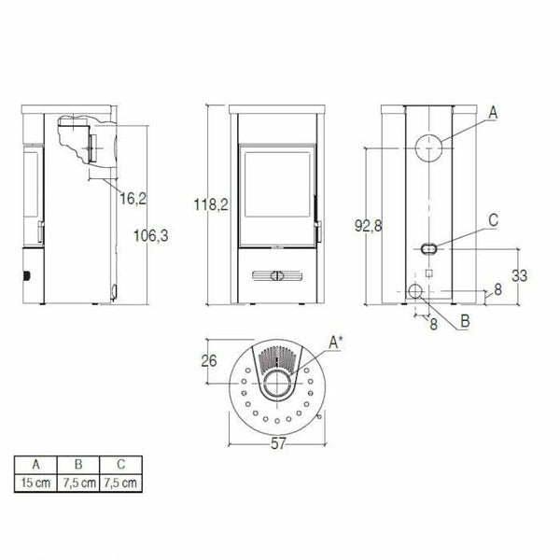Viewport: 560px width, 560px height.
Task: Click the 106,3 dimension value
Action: point(150,235)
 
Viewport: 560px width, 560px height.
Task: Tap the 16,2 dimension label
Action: point(133,198)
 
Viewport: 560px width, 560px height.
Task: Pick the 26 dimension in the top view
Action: point(210,361)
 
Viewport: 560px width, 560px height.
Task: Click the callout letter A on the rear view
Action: point(493,112)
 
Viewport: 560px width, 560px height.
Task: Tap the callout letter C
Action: point(493,220)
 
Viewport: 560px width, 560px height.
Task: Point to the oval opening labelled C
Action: point(427,249)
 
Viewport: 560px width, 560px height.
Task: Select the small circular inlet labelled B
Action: point(415,293)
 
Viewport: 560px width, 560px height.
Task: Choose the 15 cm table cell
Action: point(35,483)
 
